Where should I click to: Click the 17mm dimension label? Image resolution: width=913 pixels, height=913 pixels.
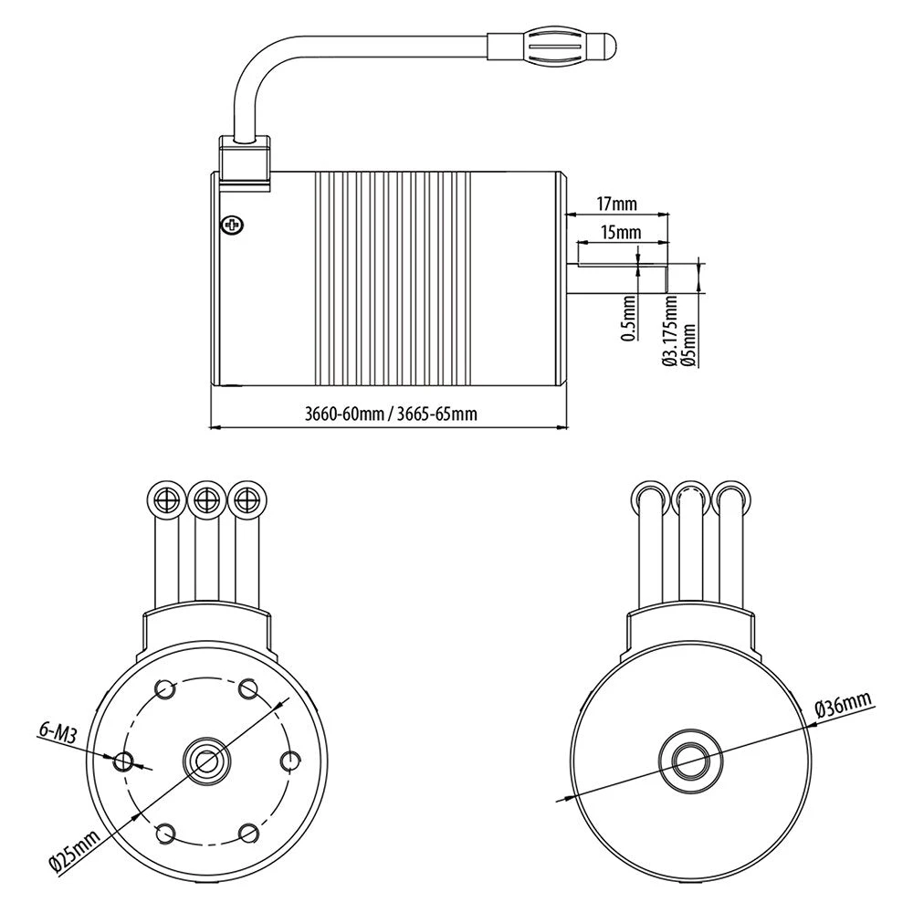tap(616, 204)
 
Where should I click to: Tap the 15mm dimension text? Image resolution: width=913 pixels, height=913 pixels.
tap(621, 232)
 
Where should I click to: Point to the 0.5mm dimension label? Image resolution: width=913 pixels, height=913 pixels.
tap(628, 319)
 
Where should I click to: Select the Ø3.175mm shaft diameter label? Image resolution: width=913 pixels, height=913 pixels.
tap(670, 331)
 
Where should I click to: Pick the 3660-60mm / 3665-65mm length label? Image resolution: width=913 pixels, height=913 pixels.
tap(391, 414)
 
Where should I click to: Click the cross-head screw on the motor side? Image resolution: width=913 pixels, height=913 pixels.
tap(232, 225)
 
